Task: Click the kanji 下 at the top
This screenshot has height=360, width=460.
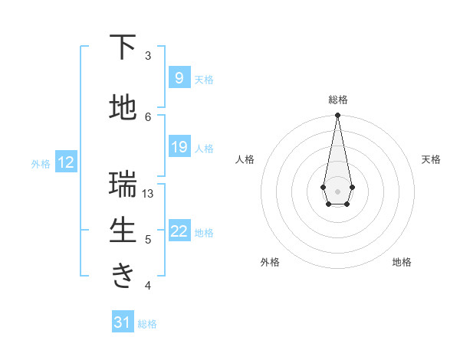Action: (123, 47)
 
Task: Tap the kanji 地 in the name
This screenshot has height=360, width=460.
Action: (123, 108)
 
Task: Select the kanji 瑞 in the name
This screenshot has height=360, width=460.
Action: (123, 185)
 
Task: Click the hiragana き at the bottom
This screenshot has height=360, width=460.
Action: (123, 275)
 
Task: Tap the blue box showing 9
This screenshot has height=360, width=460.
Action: (179, 78)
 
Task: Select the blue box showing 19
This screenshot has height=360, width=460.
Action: (179, 147)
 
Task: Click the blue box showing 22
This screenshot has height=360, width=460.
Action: (179, 232)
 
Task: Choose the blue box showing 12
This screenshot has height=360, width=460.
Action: (65, 162)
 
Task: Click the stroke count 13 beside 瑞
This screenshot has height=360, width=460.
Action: (149, 194)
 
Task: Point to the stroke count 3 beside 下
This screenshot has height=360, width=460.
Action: (148, 56)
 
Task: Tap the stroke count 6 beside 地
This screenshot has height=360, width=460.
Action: (148, 116)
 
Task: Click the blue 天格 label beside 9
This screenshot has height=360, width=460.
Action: (204, 79)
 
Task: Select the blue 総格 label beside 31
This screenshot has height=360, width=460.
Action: (147, 324)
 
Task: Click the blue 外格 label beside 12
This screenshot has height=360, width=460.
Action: (41, 163)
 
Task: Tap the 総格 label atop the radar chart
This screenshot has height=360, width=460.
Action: (337, 100)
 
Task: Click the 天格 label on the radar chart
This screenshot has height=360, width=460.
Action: (431, 159)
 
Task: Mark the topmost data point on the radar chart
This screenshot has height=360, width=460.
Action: (337, 116)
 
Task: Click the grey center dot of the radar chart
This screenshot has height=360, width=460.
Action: (337, 190)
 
